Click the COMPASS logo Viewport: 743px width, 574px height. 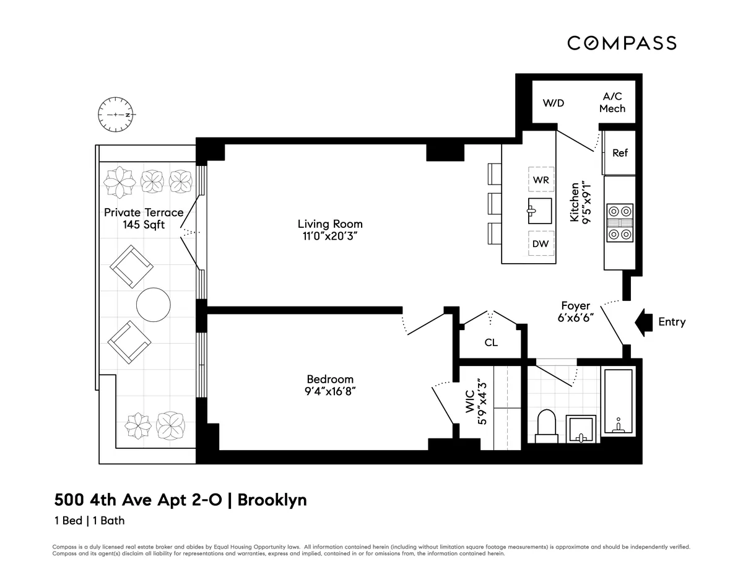622,43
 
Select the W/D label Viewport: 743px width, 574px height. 553,103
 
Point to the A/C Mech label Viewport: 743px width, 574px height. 612,103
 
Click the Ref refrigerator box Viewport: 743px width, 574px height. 620,152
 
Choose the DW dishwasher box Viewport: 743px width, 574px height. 541,243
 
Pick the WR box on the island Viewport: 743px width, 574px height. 541,180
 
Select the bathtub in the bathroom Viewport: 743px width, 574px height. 617,402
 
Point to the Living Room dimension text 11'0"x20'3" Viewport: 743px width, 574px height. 330,236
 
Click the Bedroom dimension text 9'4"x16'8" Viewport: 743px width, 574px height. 330,391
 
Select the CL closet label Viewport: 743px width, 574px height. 491,342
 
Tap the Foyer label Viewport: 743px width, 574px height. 575,306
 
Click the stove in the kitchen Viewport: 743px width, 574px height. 619,222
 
